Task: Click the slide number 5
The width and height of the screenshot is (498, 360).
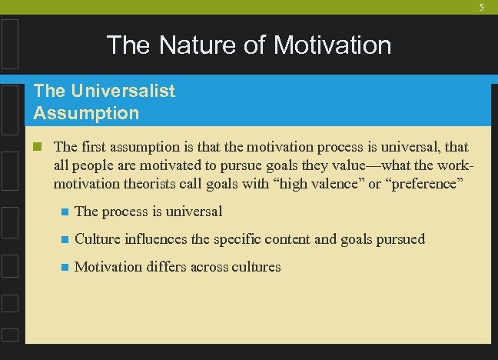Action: (482, 8)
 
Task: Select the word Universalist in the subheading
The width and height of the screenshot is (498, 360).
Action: (121, 91)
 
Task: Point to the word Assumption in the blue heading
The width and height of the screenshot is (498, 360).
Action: (86, 113)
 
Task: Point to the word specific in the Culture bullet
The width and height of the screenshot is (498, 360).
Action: (239, 239)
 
